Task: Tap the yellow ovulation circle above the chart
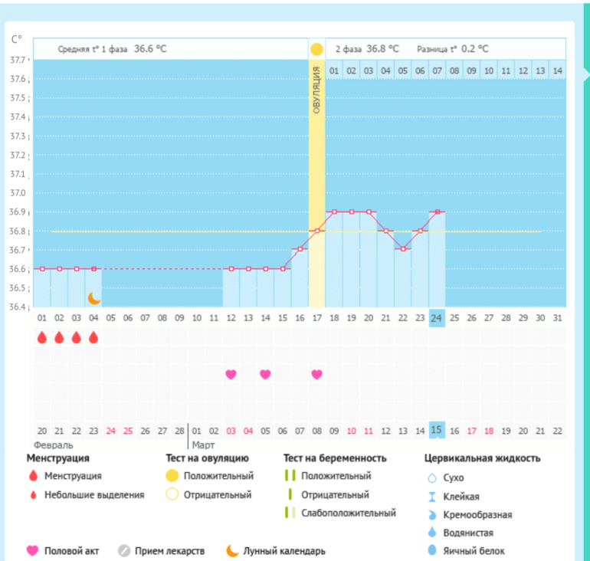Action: (x=316, y=49)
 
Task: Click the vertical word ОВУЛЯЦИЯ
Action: (x=316, y=91)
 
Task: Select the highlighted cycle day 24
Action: (x=437, y=318)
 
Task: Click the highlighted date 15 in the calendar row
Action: (x=437, y=431)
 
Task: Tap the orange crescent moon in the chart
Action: (x=93, y=297)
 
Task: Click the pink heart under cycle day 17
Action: (x=316, y=374)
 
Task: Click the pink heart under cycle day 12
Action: (x=231, y=374)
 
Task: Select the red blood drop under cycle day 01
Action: (x=41, y=337)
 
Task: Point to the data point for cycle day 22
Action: (x=402, y=249)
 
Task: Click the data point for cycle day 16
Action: (x=300, y=249)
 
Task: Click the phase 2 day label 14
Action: (x=557, y=71)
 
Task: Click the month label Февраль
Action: (x=52, y=445)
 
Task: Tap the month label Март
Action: (x=204, y=445)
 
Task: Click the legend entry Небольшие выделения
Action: (x=94, y=495)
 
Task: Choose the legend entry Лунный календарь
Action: (x=284, y=550)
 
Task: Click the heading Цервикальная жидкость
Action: (x=483, y=458)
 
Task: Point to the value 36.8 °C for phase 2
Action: (x=382, y=48)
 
